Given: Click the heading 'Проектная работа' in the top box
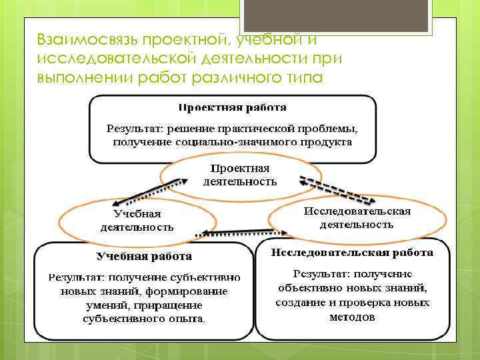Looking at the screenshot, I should [x=233, y=107].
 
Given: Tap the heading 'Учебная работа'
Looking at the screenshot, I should [x=144, y=256].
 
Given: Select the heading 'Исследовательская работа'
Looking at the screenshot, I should [x=352, y=253].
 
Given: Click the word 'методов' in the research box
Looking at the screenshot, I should [x=352, y=317].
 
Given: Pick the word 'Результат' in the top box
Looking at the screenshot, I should [x=133, y=127].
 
